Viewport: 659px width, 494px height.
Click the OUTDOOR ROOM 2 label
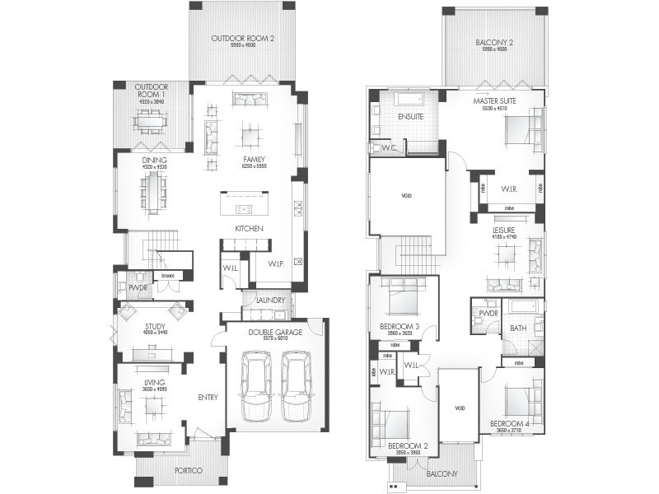pyautogui.click(x=242, y=39)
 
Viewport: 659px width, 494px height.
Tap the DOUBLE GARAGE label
pyautogui.click(x=273, y=331)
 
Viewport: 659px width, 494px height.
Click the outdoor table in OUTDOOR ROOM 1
pyautogui.click(x=151, y=123)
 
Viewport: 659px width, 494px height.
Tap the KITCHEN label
pyautogui.click(x=249, y=228)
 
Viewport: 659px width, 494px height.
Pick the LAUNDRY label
pyautogui.click(x=270, y=301)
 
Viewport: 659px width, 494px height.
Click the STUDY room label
pyautogui.click(x=155, y=326)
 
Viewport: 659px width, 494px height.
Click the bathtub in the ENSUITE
pyautogui.click(x=409, y=100)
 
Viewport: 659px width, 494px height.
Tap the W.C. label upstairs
pyautogui.click(x=389, y=148)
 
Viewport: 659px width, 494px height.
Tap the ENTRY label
pyautogui.click(x=208, y=398)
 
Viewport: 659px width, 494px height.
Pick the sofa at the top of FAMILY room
pyautogui.click(x=250, y=99)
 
